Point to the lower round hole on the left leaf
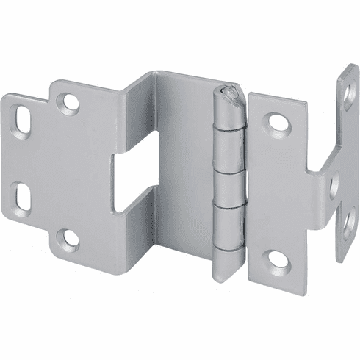pos(68,237)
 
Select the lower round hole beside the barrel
pos(278,259)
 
